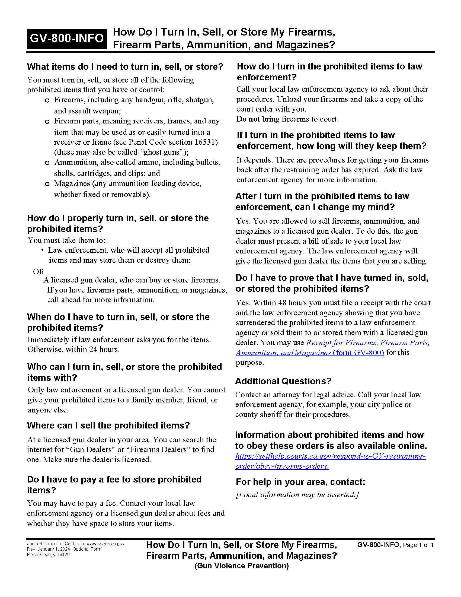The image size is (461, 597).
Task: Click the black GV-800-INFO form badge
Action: [x=67, y=38]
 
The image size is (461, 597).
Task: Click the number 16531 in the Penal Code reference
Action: [x=206, y=142]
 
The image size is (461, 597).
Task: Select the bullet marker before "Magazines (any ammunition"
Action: [x=47, y=184]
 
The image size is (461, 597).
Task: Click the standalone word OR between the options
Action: [x=39, y=271]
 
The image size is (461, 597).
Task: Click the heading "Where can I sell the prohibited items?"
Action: [x=108, y=425]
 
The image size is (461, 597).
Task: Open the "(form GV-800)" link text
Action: [x=358, y=353]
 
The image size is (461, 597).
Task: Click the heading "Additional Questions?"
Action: [x=283, y=381]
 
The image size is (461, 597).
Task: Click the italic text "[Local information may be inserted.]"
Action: [x=297, y=494]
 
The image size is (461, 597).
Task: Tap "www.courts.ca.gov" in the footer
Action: [x=105, y=544]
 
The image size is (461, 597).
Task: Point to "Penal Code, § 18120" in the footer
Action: [x=48, y=554]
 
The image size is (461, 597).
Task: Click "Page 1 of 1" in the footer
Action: [x=418, y=545]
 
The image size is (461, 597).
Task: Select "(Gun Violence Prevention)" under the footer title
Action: [x=241, y=566]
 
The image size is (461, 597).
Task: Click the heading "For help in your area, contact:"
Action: [x=300, y=481]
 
